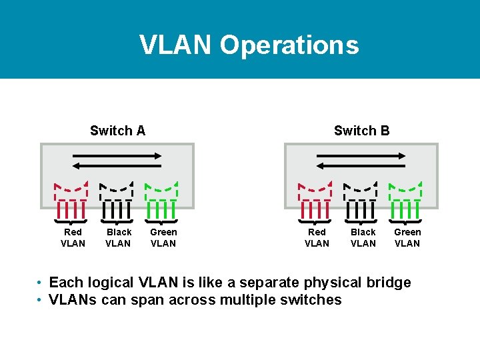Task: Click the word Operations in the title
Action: point(289,45)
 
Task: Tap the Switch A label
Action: point(117,131)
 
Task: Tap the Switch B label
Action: point(361,131)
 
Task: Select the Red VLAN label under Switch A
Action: point(73,237)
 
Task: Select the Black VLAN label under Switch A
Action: point(118,237)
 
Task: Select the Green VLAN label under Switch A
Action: point(163,237)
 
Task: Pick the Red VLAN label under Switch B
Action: point(317,237)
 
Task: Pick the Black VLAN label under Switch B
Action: point(363,237)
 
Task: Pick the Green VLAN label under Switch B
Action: point(407,237)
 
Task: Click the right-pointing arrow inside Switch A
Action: point(117,155)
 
